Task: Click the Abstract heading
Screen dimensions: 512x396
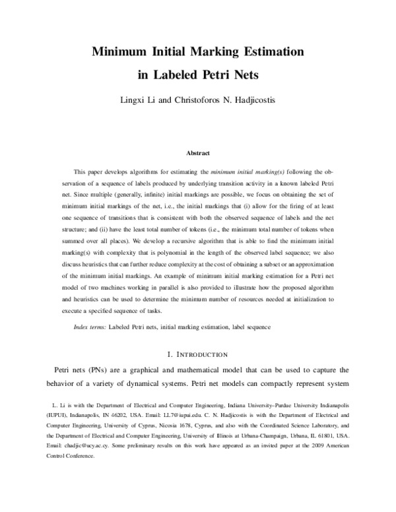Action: coord(198,153)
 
